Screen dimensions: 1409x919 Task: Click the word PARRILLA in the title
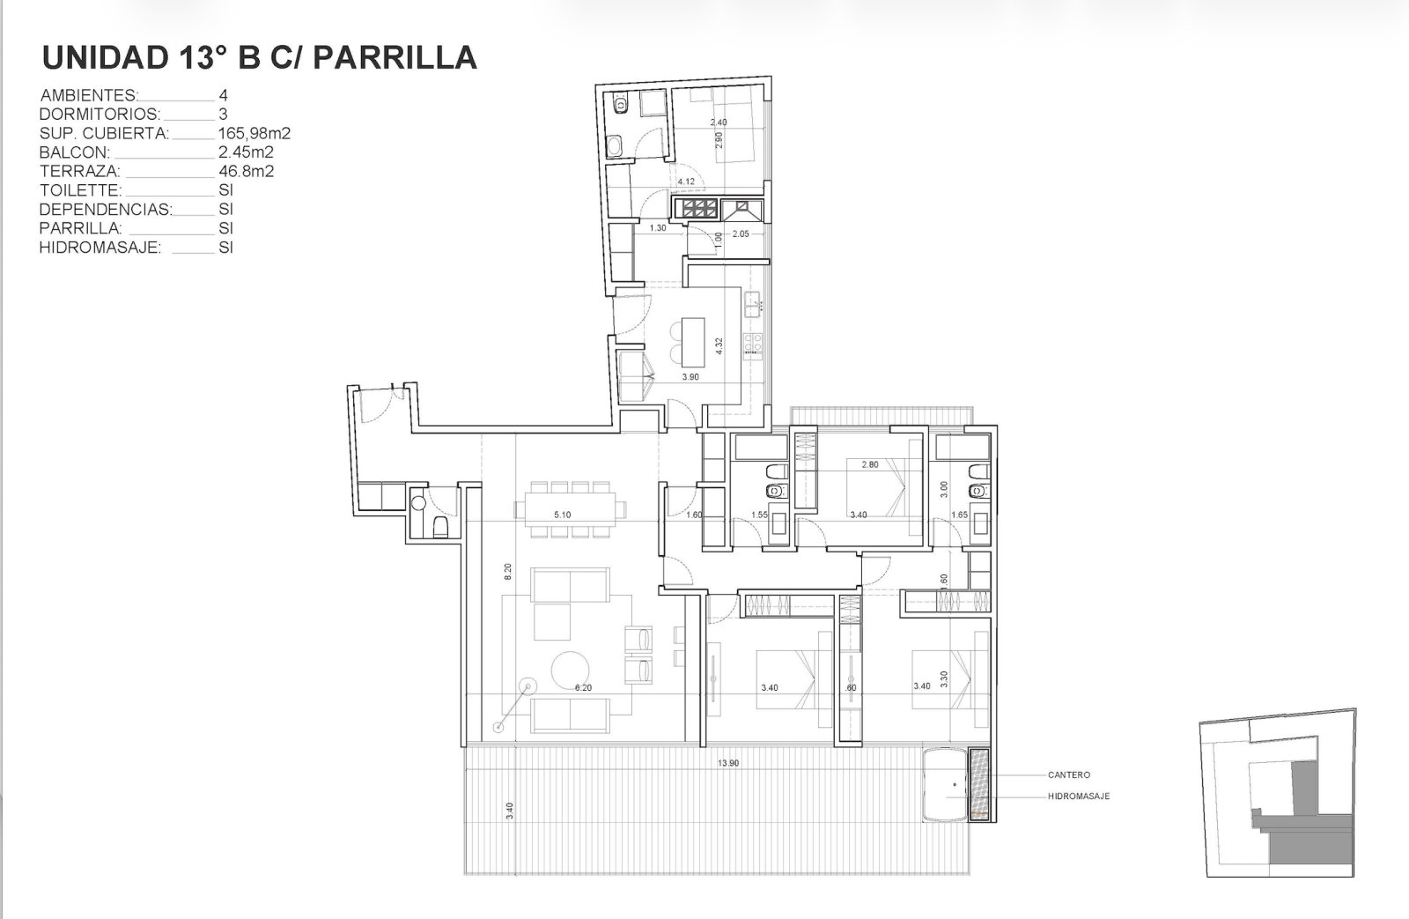tap(395, 58)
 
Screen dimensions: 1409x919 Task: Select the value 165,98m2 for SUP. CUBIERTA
tap(255, 133)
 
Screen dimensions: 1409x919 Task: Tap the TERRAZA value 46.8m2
tap(246, 171)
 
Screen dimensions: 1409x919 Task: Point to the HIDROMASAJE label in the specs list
tap(100, 248)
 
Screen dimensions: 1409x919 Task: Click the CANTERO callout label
tap(1069, 774)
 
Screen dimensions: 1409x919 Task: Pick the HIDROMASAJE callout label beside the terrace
tap(1079, 797)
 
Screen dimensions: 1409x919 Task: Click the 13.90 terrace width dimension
tap(727, 763)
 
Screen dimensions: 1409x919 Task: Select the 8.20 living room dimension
tap(508, 571)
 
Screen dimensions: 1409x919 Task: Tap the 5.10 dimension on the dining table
tap(563, 515)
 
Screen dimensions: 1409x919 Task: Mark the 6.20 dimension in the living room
tap(583, 687)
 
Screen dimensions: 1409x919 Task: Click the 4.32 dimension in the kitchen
tap(719, 345)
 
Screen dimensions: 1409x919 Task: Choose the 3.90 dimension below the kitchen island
tap(690, 377)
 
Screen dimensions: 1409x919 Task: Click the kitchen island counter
tap(692, 343)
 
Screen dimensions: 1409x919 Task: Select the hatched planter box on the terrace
tap(978, 784)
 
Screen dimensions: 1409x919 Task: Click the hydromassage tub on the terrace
tap(945, 784)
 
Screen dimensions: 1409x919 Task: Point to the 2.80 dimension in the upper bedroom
tap(870, 464)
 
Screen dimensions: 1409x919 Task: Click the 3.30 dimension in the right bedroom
tap(943, 679)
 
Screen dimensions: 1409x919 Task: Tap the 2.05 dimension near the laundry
tap(741, 233)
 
